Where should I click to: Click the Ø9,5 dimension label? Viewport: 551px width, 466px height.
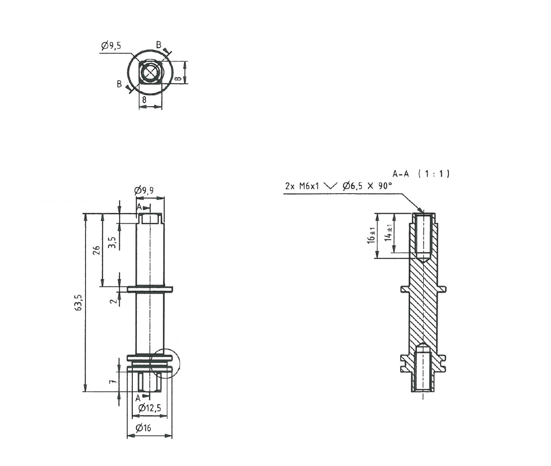point(111,45)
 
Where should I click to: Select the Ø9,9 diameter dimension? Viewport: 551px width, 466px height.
point(144,190)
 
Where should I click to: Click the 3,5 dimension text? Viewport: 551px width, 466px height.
point(113,243)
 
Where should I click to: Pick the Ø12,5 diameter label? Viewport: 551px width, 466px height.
point(149,408)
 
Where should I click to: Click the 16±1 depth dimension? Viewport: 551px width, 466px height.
point(371,235)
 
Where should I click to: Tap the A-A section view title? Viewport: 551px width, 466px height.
point(400,173)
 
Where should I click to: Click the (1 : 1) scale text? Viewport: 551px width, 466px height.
point(434,173)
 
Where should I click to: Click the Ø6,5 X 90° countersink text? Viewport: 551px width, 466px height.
point(367,185)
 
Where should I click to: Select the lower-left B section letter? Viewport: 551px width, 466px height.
point(119,84)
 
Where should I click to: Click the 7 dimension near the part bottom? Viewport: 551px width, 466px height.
point(113,381)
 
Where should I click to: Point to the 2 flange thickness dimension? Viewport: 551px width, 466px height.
point(114,301)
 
